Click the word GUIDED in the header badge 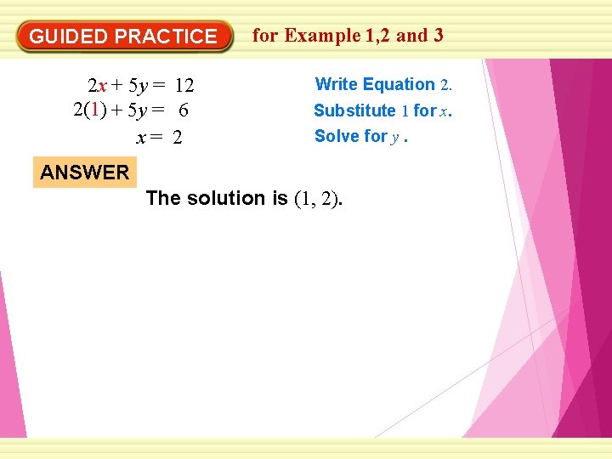(x=69, y=37)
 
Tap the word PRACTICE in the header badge (x=166, y=37)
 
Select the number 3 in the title (x=438, y=36)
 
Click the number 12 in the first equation (x=184, y=86)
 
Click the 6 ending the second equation (x=184, y=110)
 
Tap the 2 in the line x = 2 (x=177, y=137)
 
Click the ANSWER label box (x=84, y=173)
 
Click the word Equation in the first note (x=399, y=85)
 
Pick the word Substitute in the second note (x=354, y=110)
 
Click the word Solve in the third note (x=334, y=136)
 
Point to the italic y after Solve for (x=394, y=138)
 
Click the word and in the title (x=412, y=36)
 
